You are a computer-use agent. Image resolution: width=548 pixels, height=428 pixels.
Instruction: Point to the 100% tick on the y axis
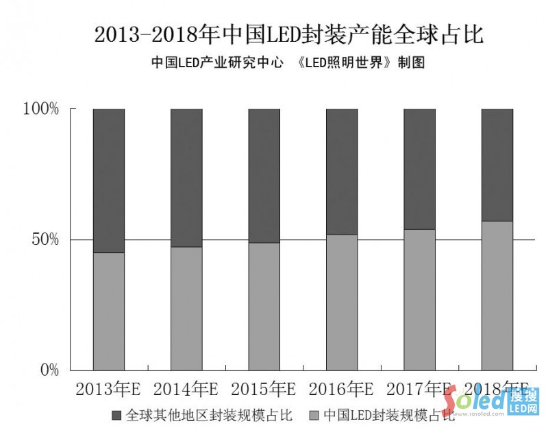coord(42,109)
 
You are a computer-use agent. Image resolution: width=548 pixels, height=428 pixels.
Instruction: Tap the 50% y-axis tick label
coord(45,240)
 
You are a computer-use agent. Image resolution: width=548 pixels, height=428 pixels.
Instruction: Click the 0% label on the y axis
coord(49,370)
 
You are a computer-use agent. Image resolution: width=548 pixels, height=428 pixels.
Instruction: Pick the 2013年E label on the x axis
coord(108,389)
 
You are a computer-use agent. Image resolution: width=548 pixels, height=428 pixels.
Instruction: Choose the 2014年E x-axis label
coord(186,389)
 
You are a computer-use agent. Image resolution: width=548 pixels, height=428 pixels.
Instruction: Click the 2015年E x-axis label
coord(264,389)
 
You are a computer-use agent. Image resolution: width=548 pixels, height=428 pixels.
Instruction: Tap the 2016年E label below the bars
coord(341,389)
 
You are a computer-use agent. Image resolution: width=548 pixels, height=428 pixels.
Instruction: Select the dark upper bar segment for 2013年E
coord(108,180)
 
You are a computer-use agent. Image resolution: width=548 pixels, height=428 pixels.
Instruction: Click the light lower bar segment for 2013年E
coord(108,311)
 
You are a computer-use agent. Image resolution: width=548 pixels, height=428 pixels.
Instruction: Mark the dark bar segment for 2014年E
coord(186,178)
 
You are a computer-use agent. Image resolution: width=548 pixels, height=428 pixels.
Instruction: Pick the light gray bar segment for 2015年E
coord(264,306)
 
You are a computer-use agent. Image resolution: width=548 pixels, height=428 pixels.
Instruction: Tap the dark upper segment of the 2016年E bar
coord(342,171)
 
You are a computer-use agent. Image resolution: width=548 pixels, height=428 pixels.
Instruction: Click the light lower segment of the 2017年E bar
coord(419,300)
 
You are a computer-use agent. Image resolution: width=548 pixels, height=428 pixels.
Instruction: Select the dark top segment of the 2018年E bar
coord(497,165)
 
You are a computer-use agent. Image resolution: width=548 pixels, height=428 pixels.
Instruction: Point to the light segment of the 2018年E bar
coord(497,296)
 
